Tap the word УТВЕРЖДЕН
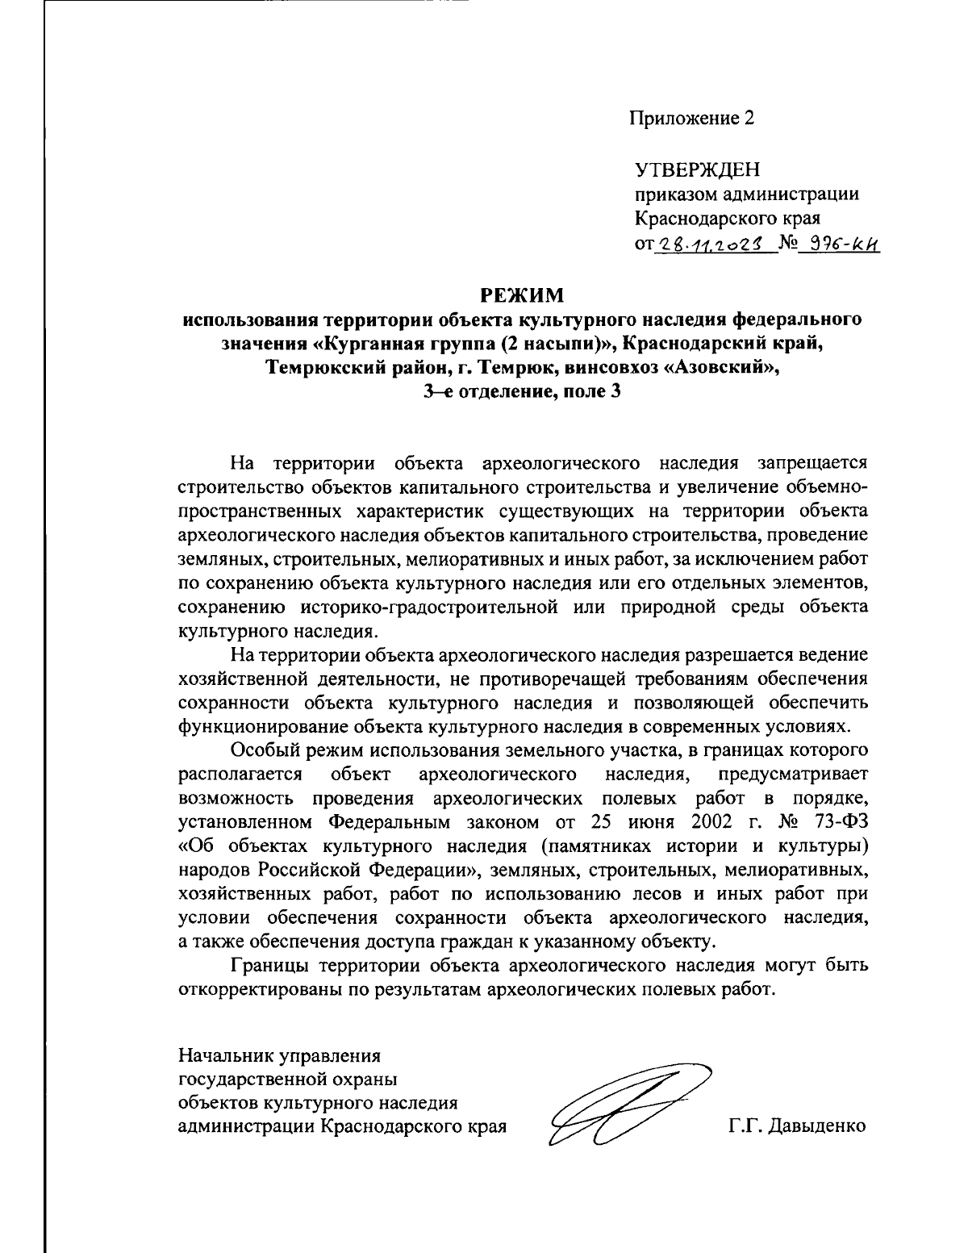698,169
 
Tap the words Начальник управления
279,1055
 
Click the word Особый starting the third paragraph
261,750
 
